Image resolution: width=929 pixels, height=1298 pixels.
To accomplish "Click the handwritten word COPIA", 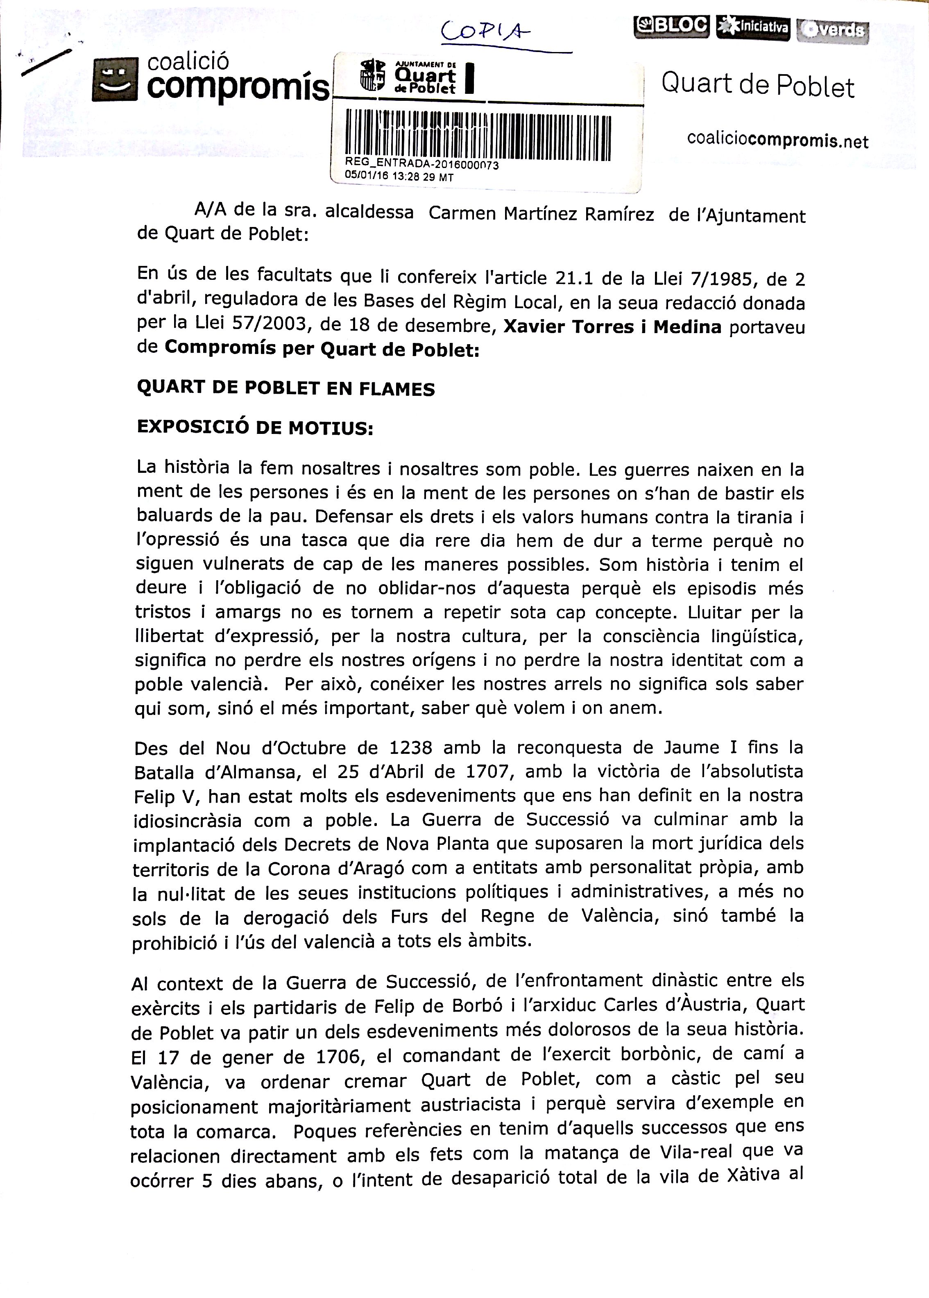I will click(x=485, y=32).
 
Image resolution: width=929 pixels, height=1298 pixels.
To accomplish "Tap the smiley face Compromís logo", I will click(x=115, y=79).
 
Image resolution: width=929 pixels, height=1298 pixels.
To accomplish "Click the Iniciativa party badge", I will click(x=753, y=27).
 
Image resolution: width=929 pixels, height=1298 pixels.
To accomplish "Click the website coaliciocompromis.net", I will click(x=777, y=140).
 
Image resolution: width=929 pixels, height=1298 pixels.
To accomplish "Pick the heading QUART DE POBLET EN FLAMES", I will click(x=285, y=388).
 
